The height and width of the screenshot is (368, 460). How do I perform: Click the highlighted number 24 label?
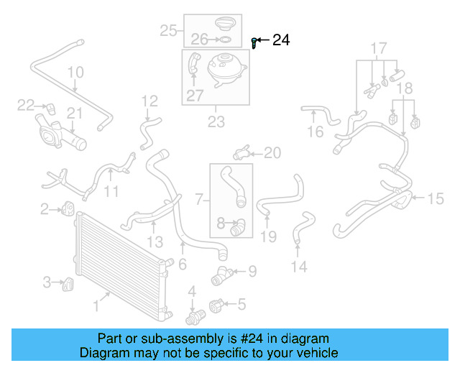pyautogui.click(x=281, y=40)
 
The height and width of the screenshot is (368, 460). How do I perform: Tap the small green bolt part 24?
pyautogui.click(x=254, y=42)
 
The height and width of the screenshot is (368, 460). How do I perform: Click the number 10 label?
pyautogui.click(x=75, y=73)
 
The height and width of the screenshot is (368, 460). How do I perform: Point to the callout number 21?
pyautogui.click(x=75, y=113)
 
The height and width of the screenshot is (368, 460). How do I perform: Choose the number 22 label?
pyautogui.click(x=26, y=106)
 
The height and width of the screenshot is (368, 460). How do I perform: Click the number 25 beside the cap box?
pyautogui.click(x=168, y=30)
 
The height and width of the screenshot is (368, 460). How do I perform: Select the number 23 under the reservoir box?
pyautogui.click(x=216, y=122)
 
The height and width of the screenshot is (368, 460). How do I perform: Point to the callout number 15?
pyautogui.click(x=436, y=199)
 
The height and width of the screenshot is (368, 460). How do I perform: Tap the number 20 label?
pyautogui.click(x=272, y=152)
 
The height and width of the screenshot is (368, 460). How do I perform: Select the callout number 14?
pyautogui.click(x=298, y=267)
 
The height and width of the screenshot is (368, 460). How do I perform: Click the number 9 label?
pyautogui.click(x=252, y=271)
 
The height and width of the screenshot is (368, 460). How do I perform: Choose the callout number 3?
pyautogui.click(x=47, y=282)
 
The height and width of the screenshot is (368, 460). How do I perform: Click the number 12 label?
pyautogui.click(x=149, y=101)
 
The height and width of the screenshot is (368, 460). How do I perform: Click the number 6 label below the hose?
pyautogui.click(x=183, y=264)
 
